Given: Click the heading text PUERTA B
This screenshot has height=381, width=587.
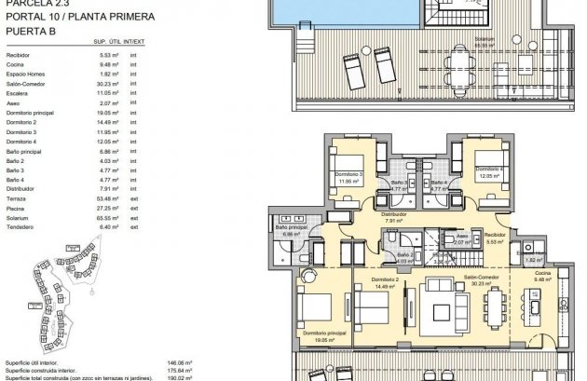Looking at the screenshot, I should click(31, 30).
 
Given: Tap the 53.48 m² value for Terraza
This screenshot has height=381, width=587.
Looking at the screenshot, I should click(109, 198).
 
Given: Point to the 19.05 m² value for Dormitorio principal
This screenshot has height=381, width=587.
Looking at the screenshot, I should click(109, 111).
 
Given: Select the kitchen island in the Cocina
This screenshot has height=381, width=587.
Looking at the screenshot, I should click(536, 304).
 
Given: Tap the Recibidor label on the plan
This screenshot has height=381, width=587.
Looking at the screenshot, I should click(494, 236).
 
